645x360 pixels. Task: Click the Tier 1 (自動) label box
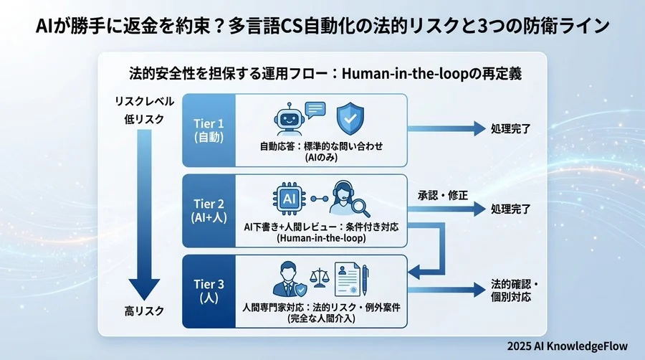click(209, 129)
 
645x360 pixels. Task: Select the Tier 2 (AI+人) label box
click(209, 209)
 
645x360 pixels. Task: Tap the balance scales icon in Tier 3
click(319, 279)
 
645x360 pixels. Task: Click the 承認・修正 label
click(443, 194)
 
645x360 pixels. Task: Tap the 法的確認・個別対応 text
click(515, 290)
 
